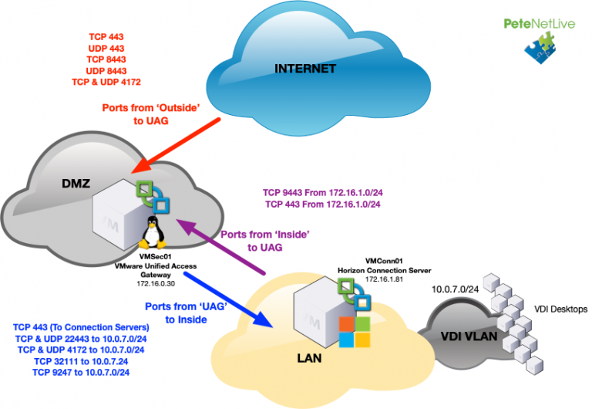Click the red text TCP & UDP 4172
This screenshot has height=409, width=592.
(x=106, y=81)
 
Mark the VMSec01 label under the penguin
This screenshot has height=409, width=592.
(x=153, y=256)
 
